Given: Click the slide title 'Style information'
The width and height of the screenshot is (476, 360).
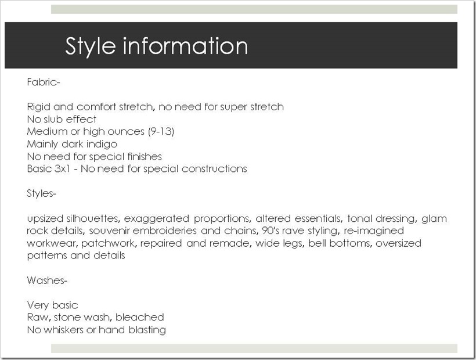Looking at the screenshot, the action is point(156,46).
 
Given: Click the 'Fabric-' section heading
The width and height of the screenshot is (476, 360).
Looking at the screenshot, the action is point(44,82).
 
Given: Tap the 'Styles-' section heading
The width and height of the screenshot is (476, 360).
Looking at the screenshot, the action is point(41,194).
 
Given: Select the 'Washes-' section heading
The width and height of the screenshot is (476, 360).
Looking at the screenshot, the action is point(47,280).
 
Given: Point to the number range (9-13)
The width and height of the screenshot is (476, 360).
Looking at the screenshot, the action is point(161,132).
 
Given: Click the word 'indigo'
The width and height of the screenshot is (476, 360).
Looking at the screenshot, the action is point(102,144).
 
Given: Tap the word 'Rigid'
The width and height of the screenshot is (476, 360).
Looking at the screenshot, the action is point(38,107).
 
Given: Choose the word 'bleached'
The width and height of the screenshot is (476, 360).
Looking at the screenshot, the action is point(140,317).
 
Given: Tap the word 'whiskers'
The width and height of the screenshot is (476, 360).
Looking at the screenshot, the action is point(63,330).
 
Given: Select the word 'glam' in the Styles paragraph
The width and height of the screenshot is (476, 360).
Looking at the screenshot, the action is point(434,219).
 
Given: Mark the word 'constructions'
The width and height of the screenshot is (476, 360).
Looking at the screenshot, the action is point(214,169).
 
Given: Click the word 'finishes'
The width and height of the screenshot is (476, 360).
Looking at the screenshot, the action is point(145,157).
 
